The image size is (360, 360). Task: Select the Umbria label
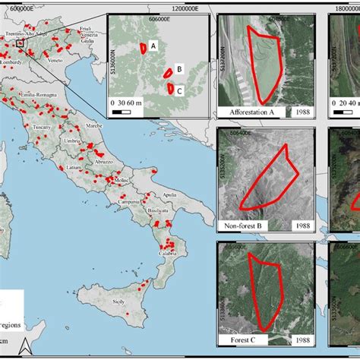(x=74, y=142)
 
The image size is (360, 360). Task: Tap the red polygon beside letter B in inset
(x=168, y=74)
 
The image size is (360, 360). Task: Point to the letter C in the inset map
(x=178, y=90)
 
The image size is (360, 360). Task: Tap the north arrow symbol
(x=24, y=346)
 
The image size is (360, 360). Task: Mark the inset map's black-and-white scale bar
(x=122, y=112)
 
